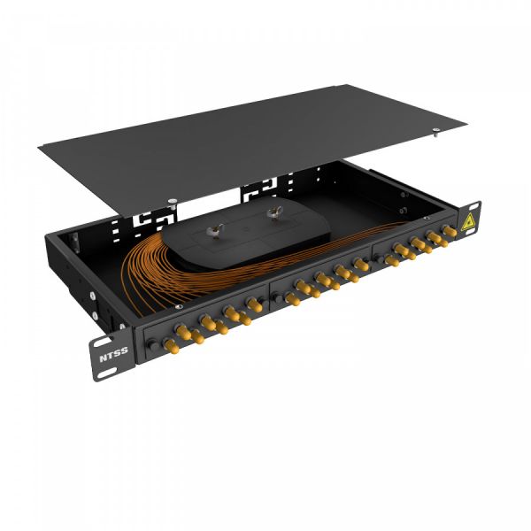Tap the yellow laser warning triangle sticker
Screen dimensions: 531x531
[466, 222]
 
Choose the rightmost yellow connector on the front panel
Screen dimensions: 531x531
[449, 231]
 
